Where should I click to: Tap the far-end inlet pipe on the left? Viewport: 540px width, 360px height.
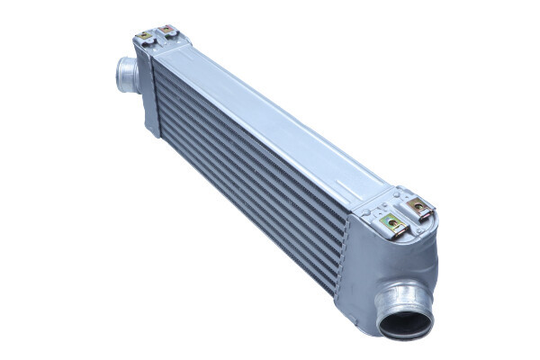(x=127, y=74)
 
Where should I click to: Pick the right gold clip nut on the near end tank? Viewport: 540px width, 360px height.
(x=418, y=208)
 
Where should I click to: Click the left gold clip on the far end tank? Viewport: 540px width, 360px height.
(x=145, y=36)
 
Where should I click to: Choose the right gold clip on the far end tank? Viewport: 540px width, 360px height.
(x=167, y=31)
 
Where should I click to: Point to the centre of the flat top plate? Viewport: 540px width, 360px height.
(x=270, y=117)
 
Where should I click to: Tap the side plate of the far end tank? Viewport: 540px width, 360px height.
(x=146, y=90)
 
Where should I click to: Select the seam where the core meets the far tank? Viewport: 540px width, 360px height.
(x=158, y=99)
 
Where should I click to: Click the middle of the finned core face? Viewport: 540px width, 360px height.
(x=252, y=171)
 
